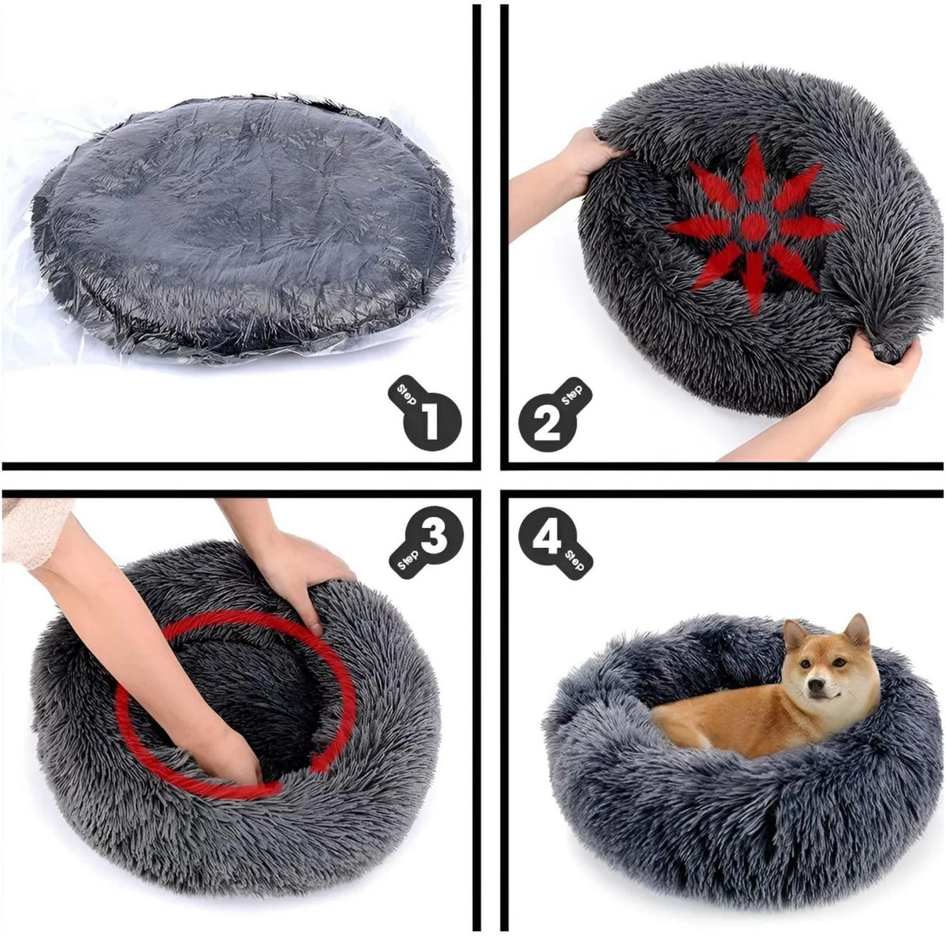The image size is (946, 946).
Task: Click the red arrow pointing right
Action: tap(811, 228)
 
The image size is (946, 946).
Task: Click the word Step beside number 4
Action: tap(575, 561)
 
